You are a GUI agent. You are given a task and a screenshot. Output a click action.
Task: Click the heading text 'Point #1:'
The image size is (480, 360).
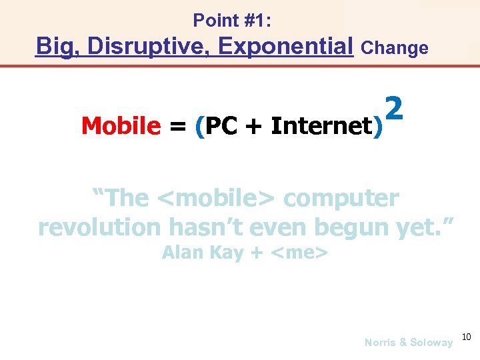tap(232, 21)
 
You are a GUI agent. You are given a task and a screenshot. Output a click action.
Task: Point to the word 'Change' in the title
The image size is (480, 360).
tap(394, 48)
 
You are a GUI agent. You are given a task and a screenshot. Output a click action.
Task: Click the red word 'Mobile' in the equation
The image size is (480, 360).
tap(121, 125)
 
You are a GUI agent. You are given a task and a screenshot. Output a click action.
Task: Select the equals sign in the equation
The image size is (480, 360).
tap(178, 126)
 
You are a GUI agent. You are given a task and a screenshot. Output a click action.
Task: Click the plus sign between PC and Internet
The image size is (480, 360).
tap(254, 126)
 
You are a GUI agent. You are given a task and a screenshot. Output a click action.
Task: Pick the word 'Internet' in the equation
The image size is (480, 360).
tap(322, 125)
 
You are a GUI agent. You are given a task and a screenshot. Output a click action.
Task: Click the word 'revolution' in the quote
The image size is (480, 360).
tap(99, 227)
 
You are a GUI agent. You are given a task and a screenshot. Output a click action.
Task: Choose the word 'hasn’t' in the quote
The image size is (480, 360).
tap(203, 227)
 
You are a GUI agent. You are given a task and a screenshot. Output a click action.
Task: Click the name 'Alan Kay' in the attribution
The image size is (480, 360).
tap(203, 253)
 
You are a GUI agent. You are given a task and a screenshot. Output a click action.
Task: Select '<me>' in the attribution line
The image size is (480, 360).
tap(301, 253)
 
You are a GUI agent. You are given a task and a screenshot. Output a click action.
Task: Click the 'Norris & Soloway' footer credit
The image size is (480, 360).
tap(408, 342)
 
